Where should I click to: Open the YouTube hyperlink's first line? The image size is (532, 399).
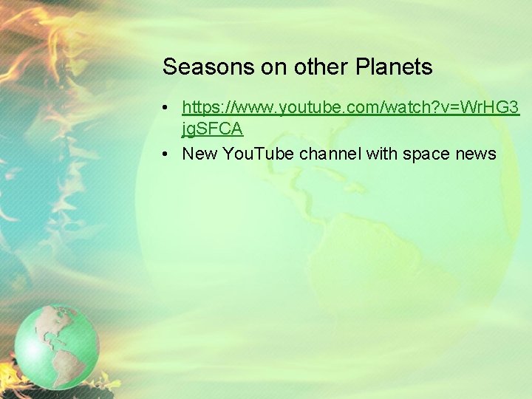(351, 108)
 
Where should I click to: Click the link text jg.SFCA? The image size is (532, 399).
(213, 129)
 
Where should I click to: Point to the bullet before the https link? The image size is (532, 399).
(168, 109)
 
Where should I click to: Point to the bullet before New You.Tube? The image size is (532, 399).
(168, 154)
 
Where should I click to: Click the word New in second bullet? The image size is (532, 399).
(198, 154)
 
